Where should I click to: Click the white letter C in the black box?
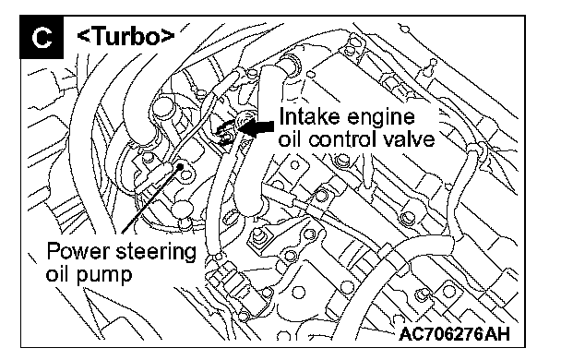[42, 38]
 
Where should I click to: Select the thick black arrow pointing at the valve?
[257, 127]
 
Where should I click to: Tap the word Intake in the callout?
[305, 116]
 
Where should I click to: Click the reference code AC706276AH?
[454, 334]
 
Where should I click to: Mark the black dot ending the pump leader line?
[180, 166]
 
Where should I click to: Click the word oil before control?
[291, 138]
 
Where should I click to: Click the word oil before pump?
[58, 274]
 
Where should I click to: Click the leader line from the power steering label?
[151, 199]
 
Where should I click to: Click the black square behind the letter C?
[42, 37]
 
